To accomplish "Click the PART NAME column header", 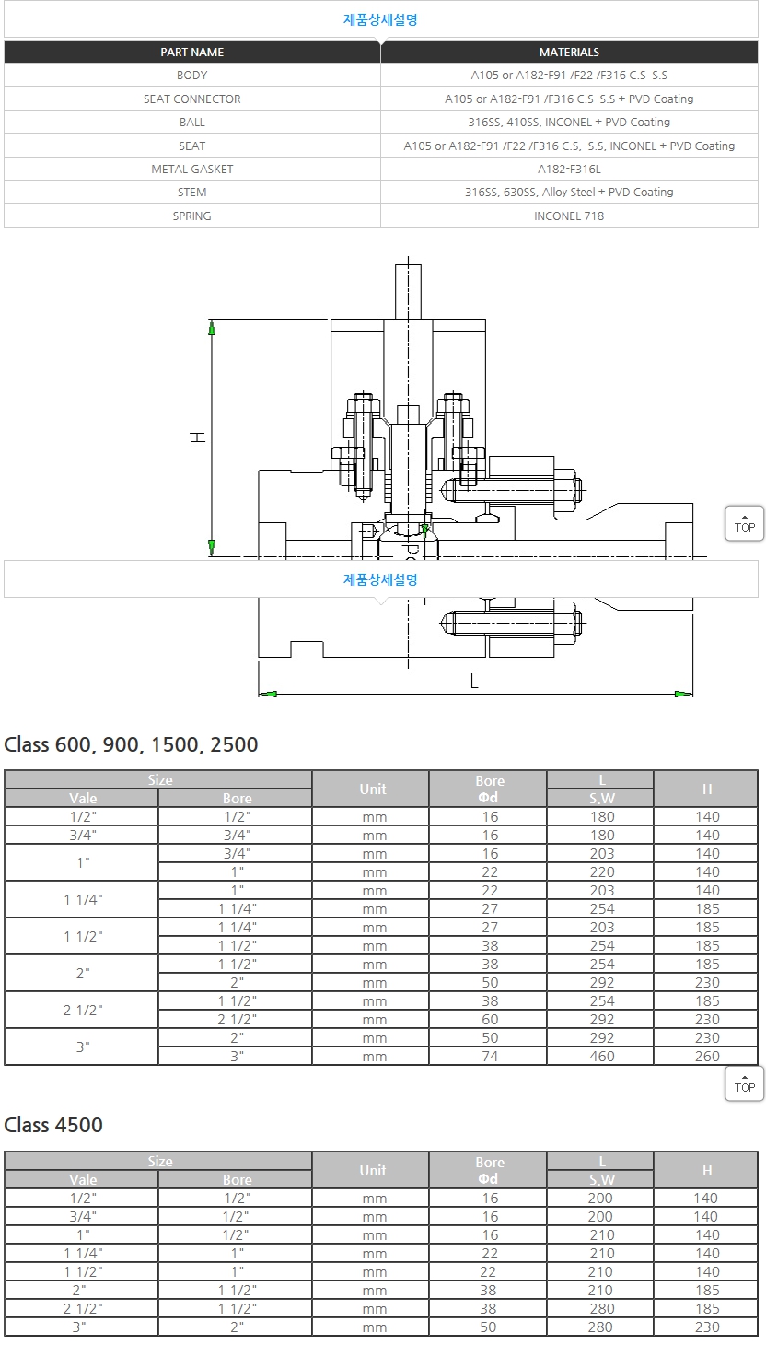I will [x=191, y=53].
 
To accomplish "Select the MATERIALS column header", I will [x=569, y=53].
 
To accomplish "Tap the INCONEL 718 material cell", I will [x=569, y=216].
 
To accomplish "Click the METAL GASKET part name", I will [x=191, y=169].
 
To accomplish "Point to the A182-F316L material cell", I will [x=569, y=169].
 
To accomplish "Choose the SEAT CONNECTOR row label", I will [x=191, y=99].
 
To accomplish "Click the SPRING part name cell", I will [x=191, y=216].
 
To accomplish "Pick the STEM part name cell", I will [x=191, y=192].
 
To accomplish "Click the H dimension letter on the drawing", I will [x=197, y=438].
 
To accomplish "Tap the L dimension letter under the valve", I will [x=474, y=682].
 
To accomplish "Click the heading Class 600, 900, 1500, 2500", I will [x=131, y=744].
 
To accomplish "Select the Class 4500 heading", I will [x=53, y=1125].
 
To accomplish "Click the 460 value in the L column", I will [x=601, y=1057].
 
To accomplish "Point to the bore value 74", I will [x=489, y=1057].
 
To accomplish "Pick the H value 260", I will [x=706, y=1057].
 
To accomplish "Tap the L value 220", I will [x=601, y=871].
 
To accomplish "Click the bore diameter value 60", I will [x=489, y=1019].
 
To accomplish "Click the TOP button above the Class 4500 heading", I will [x=744, y=1084].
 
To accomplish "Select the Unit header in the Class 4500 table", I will [x=372, y=1170].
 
